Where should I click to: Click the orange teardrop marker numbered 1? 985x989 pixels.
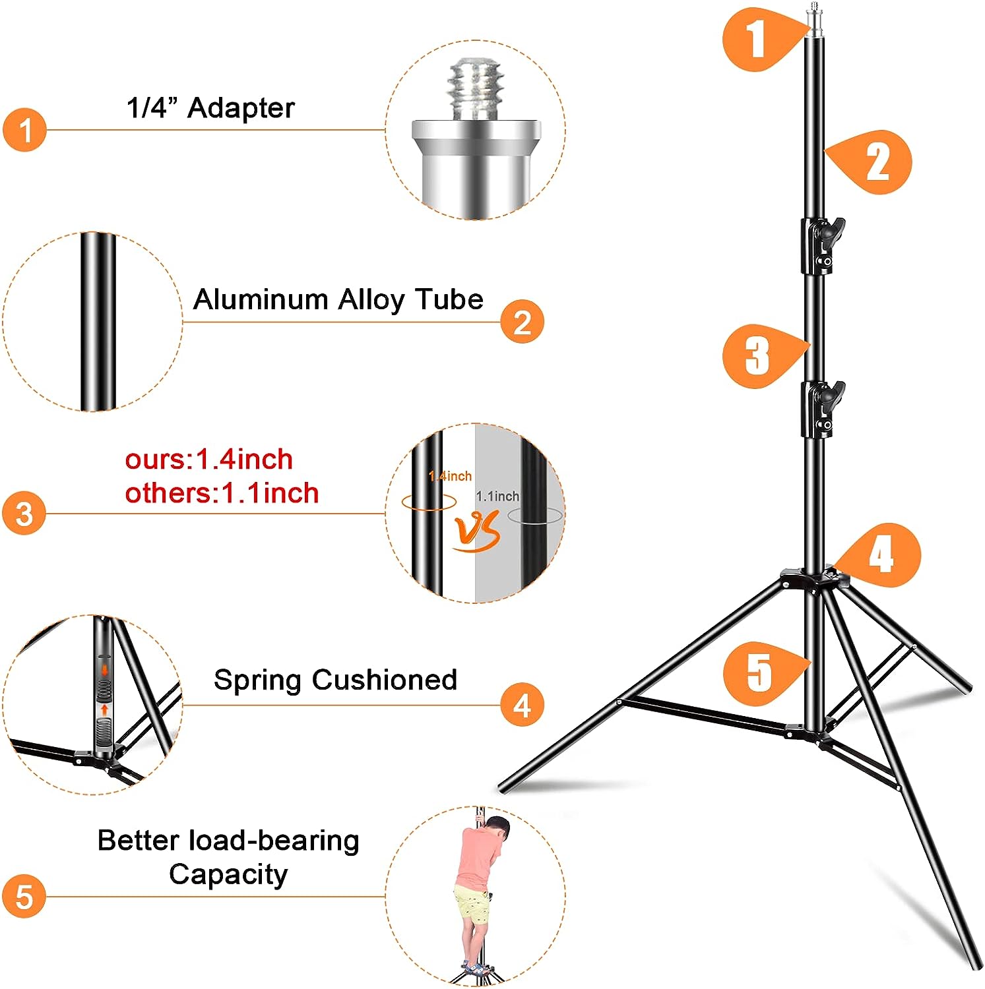pyautogui.click(x=757, y=38)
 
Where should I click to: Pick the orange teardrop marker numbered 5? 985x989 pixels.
pyautogui.click(x=759, y=673)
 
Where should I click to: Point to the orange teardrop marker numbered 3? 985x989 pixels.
pyautogui.click(x=758, y=355)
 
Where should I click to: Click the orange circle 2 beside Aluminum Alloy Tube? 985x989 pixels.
pyautogui.click(x=522, y=322)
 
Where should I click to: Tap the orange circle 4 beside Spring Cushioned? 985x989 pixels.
pyautogui.click(x=522, y=705)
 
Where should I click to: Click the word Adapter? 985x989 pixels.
pyautogui.click(x=241, y=108)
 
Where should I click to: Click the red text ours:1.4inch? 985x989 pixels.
pyautogui.click(x=208, y=460)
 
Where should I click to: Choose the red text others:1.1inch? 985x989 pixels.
pyautogui.click(x=222, y=493)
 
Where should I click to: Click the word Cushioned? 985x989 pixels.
pyautogui.click(x=385, y=680)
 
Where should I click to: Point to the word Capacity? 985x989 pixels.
pyautogui.click(x=228, y=875)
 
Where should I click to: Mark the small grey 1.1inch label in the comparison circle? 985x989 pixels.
pyautogui.click(x=497, y=496)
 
